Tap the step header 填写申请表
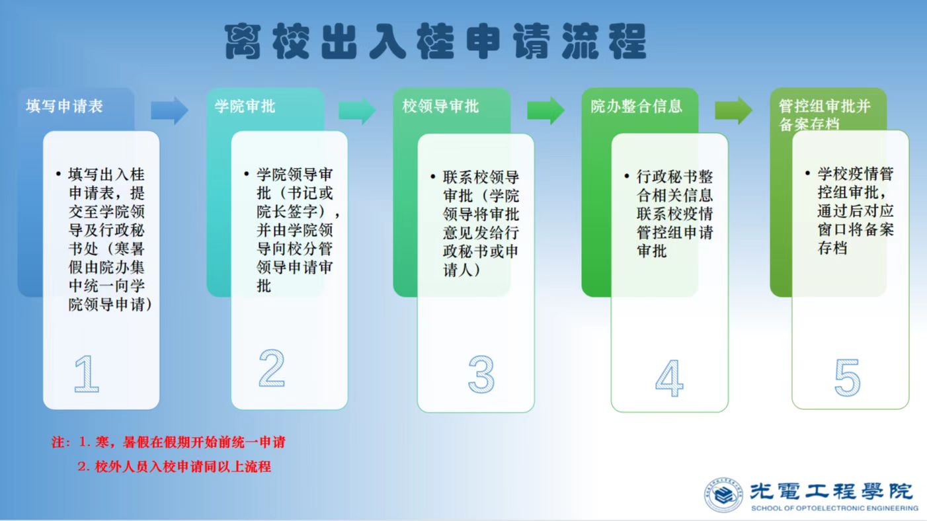pyautogui.click(x=65, y=106)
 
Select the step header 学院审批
pyautogui.click(x=245, y=106)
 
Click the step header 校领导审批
pyautogui.click(x=440, y=106)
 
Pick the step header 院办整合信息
pyautogui.click(x=636, y=106)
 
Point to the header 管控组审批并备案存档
pyautogui.click(x=825, y=114)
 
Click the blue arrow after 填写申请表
pyautogui.click(x=170, y=110)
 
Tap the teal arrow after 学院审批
pyautogui.click(x=357, y=110)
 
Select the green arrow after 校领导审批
pyautogui.click(x=545, y=110)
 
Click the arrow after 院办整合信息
pyautogui.click(x=733, y=110)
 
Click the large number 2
pyautogui.click(x=272, y=368)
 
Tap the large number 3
pyautogui.click(x=481, y=374)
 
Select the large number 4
pyautogui.click(x=669, y=378)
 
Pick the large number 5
pyautogui.click(x=848, y=377)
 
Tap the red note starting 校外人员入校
pyautogui.click(x=175, y=466)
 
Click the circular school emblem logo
pyautogui.click(x=723, y=495)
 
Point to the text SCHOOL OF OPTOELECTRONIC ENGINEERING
pyautogui.click(x=834, y=508)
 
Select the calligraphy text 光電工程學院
pyautogui.click(x=831, y=491)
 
